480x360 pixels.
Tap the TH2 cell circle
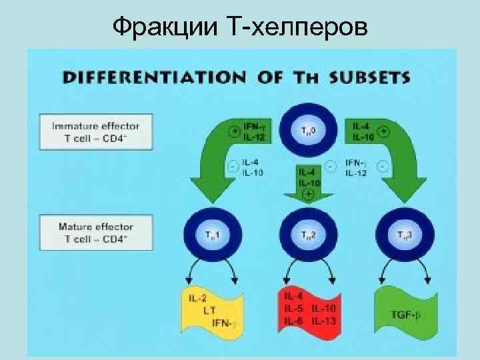[308, 234]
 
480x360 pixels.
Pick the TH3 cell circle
[404, 234]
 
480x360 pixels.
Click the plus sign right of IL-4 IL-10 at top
[385, 132]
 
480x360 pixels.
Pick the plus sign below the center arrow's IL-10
[308, 194]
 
